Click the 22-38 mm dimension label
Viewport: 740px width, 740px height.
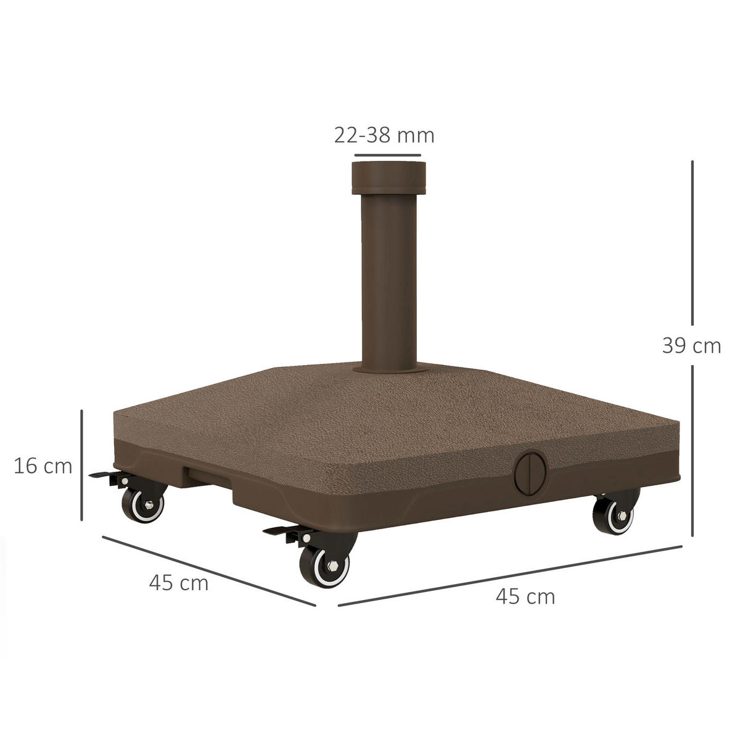tap(384, 135)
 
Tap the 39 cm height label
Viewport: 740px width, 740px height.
tap(691, 346)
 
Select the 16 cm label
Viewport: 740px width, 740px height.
tap(43, 466)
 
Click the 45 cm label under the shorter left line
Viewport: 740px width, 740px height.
tap(179, 582)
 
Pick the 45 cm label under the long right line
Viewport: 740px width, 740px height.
tap(525, 596)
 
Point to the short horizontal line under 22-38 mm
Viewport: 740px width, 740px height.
tap(388, 155)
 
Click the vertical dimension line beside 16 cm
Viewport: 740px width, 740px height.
tap(81, 466)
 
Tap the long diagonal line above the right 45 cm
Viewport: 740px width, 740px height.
tap(511, 576)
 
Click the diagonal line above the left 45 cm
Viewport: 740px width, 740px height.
tap(208, 570)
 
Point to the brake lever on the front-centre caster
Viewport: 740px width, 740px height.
tap(281, 530)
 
